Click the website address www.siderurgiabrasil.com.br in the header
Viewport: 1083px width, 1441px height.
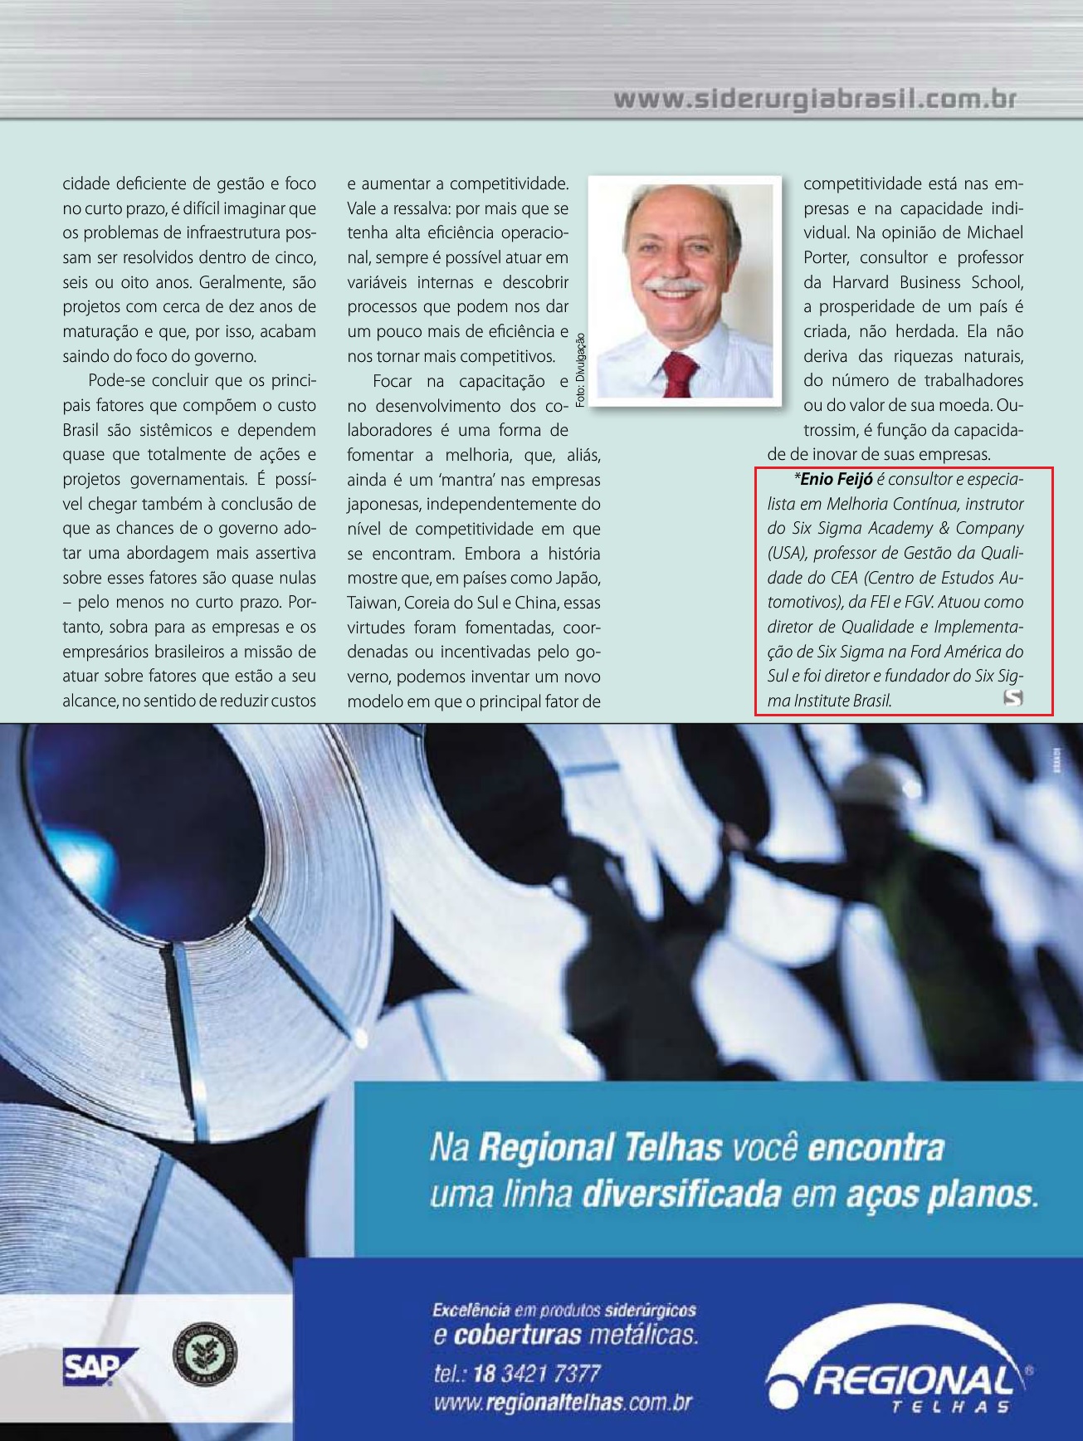tap(815, 100)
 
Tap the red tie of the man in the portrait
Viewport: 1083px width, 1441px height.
tap(678, 374)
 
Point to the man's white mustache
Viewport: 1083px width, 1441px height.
tap(673, 286)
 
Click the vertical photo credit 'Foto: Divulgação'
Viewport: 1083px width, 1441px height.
tap(580, 369)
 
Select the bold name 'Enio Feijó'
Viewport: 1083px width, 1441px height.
tap(836, 479)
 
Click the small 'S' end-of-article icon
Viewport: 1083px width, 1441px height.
tap(1012, 698)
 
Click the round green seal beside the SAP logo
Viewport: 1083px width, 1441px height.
tap(205, 1356)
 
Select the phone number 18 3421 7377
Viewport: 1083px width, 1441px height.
tap(536, 1374)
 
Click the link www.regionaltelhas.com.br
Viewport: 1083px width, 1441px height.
tap(562, 1403)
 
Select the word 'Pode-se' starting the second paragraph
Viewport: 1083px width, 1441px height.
tap(115, 381)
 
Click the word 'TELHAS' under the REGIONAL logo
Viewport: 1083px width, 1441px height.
tap(949, 1407)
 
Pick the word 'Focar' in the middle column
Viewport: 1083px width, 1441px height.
tap(392, 381)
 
